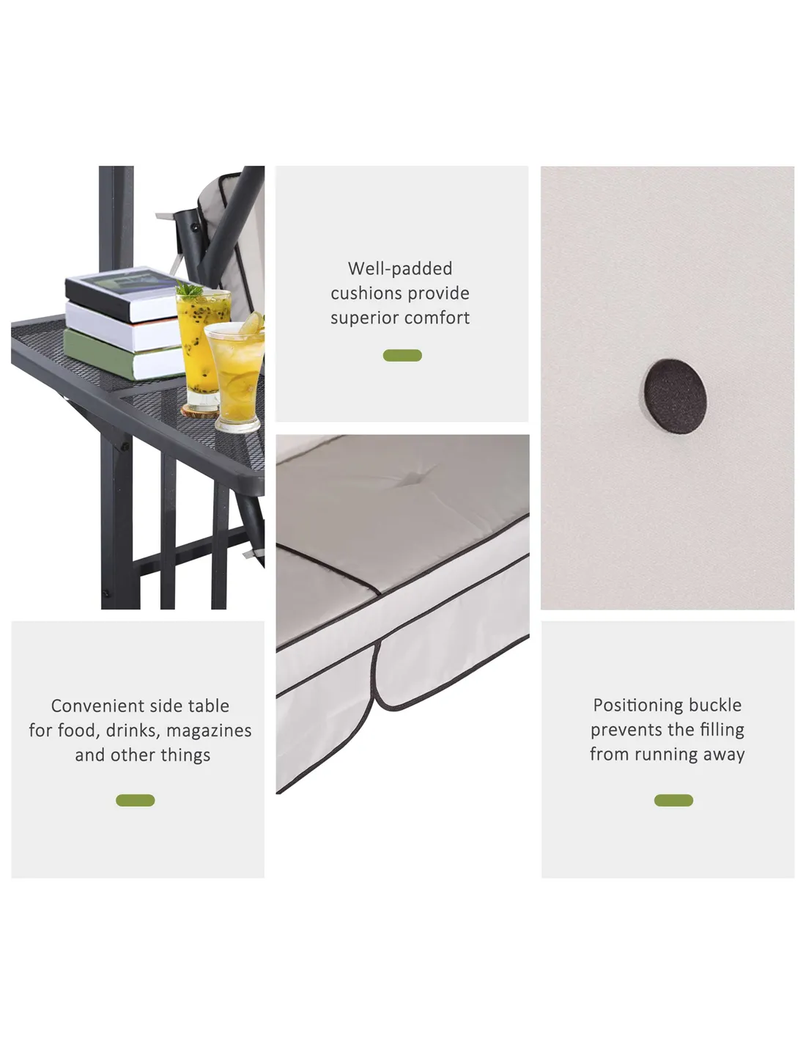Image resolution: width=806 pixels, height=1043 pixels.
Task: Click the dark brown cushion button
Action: [x=675, y=397]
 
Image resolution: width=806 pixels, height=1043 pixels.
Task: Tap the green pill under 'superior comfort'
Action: [x=402, y=355]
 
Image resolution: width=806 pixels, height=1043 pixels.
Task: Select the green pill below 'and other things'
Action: [x=136, y=800]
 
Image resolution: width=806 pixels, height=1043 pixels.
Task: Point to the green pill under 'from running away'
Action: [x=673, y=800]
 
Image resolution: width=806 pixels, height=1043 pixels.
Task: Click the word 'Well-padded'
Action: [x=400, y=268]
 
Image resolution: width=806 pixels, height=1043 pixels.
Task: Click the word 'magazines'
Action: [x=209, y=731]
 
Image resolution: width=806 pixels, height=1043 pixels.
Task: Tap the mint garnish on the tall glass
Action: [x=189, y=290]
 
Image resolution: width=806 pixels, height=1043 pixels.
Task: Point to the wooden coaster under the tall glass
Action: [x=200, y=411]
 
